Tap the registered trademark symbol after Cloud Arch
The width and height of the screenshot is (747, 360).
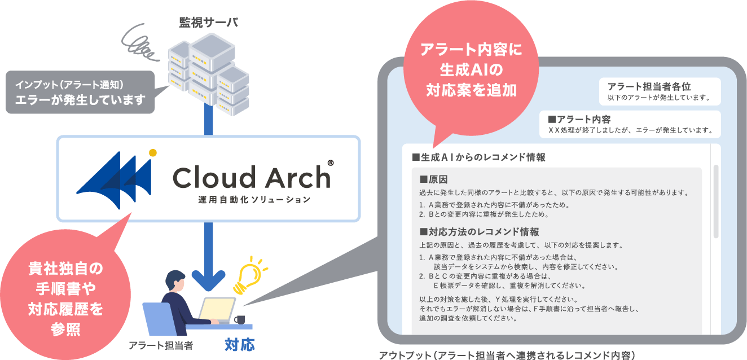point(330,164)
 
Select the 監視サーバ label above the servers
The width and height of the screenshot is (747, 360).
point(208,23)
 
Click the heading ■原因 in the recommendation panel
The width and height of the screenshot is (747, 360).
point(434,179)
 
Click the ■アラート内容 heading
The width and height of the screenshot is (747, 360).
point(579,119)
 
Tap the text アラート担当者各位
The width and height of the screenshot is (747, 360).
point(649,86)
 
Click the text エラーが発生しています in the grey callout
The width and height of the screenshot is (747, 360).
point(80,100)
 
